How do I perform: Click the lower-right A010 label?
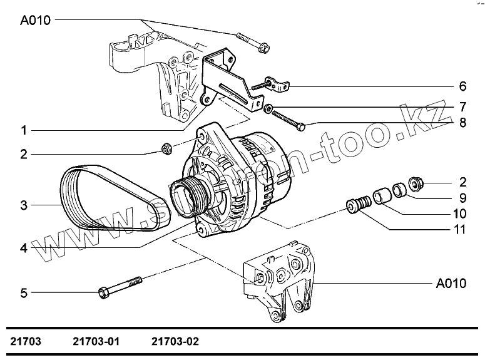(x=451, y=284)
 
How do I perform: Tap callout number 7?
(x=462, y=106)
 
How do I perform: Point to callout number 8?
(x=462, y=123)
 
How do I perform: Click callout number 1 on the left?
(x=23, y=131)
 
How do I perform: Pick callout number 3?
(x=23, y=205)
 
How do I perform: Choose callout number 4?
(x=23, y=247)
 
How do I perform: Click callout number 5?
(x=23, y=292)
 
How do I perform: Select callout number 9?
(x=462, y=198)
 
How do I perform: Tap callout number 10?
(x=460, y=213)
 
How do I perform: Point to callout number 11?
(x=460, y=230)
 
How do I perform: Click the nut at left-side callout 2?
(x=166, y=148)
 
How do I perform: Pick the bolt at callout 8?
(x=288, y=121)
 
